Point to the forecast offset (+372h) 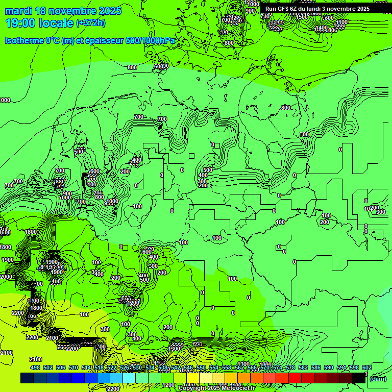point(91,23)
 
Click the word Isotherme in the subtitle point(24,40)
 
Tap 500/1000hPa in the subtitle point(152,40)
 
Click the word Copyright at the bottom point(193,388)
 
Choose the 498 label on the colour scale point(35,367)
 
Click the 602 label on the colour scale point(367,367)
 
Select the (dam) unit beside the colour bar point(378,378)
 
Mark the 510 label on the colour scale point(73,367)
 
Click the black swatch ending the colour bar point(359,378)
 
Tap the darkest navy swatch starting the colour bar point(27,378)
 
